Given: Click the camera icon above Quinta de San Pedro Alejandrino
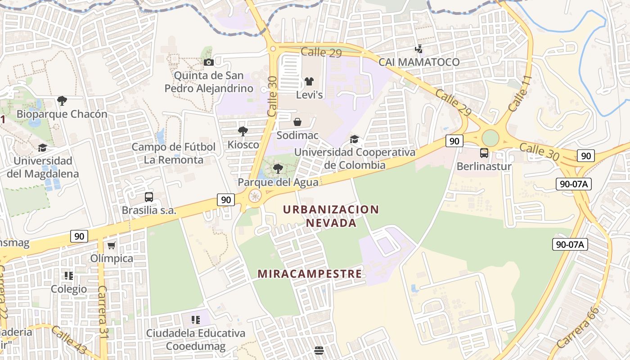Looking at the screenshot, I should (x=208, y=62).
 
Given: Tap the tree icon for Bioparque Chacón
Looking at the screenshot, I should (x=62, y=100).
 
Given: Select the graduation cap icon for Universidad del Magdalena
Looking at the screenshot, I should (x=42, y=148).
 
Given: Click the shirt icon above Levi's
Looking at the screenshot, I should (x=309, y=81).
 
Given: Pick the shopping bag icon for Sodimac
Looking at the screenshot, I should (x=297, y=122).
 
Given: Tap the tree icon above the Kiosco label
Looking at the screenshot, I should (x=243, y=131).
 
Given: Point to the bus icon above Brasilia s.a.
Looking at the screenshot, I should (x=148, y=197).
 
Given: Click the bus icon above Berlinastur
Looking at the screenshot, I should (x=484, y=153).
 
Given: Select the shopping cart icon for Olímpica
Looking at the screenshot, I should (x=111, y=245).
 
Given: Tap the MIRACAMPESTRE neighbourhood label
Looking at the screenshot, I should (x=310, y=274).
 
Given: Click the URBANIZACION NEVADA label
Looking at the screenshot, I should (x=331, y=216).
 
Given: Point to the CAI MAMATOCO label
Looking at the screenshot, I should (x=419, y=62).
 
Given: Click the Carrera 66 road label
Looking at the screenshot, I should (x=578, y=327).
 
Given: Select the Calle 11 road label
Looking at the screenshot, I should (x=520, y=94).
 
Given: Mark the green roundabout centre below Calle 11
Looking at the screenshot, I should (x=490, y=138).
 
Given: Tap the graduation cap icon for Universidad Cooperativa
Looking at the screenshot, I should (x=355, y=139).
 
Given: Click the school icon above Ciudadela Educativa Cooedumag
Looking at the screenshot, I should (x=195, y=320).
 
